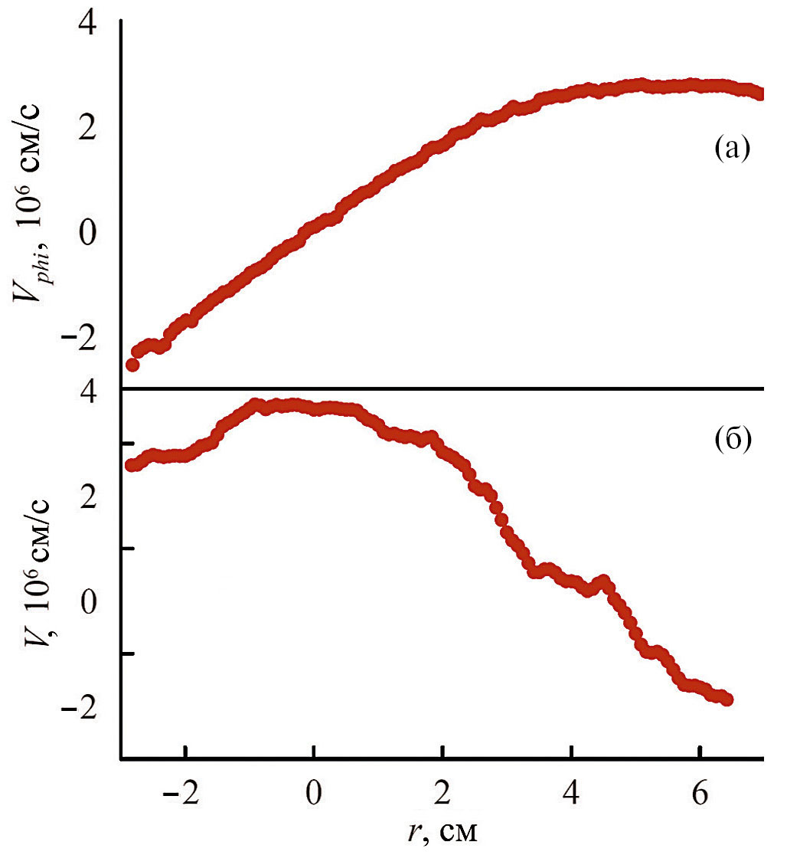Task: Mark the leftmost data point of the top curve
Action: pos(132,365)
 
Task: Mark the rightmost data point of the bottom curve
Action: pos(727,699)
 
